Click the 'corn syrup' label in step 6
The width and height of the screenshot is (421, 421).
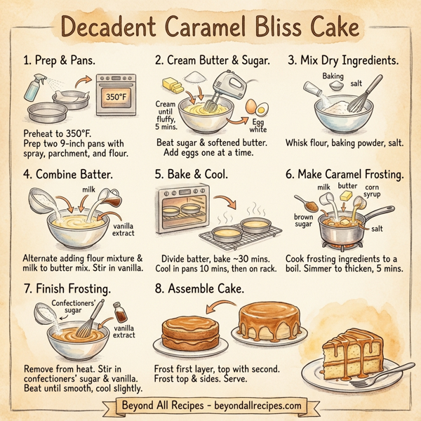click(373, 192)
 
